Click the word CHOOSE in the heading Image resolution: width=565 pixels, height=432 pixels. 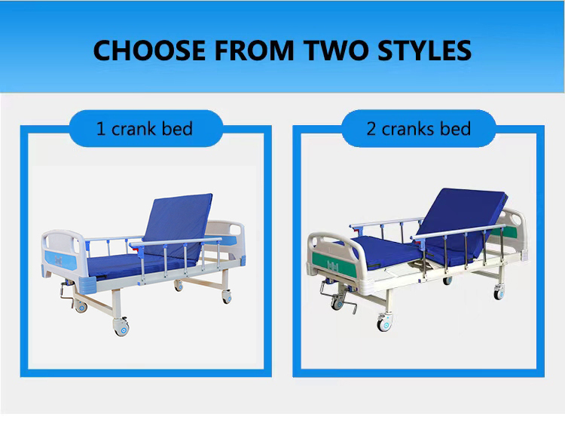point(149,50)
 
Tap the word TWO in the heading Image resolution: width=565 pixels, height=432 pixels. point(336,50)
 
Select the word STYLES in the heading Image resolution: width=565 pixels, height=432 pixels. point(424,50)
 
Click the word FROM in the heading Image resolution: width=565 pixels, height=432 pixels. point(255,50)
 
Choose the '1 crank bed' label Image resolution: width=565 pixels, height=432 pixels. point(145,129)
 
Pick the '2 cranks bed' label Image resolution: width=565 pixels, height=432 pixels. point(418,129)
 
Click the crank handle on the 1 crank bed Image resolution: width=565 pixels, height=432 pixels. point(66,291)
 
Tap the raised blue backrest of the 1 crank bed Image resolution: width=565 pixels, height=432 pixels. point(178,226)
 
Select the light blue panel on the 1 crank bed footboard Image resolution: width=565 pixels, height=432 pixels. point(60,259)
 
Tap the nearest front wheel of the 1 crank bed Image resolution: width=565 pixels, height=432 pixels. point(121,326)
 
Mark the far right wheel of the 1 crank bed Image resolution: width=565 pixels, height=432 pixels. point(227,297)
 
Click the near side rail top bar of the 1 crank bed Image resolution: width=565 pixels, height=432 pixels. point(176,242)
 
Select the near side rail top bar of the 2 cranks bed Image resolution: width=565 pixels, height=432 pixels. point(458,231)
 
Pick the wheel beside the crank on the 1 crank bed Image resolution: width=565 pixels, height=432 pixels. point(81,306)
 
